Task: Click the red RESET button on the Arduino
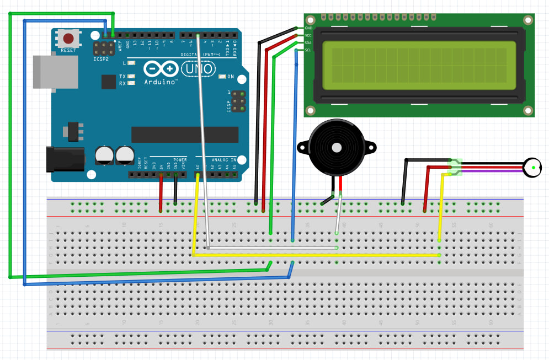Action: coord(68,39)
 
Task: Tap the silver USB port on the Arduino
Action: coord(55,71)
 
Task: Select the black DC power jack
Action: coord(65,159)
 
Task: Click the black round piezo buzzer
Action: coord(336,147)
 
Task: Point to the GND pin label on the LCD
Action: coord(308,28)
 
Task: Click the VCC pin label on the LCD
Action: coord(308,35)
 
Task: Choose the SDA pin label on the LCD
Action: coord(308,42)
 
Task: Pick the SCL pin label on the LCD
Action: coord(308,50)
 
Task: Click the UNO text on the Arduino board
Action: coord(197,69)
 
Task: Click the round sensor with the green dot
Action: coord(533,168)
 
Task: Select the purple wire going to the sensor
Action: coord(491,171)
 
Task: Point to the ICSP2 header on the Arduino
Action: coord(102,49)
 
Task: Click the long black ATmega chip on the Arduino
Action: coord(184,135)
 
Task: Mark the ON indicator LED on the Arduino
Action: coord(222,76)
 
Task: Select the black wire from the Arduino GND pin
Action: coord(175,190)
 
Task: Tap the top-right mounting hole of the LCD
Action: coord(528,20)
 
